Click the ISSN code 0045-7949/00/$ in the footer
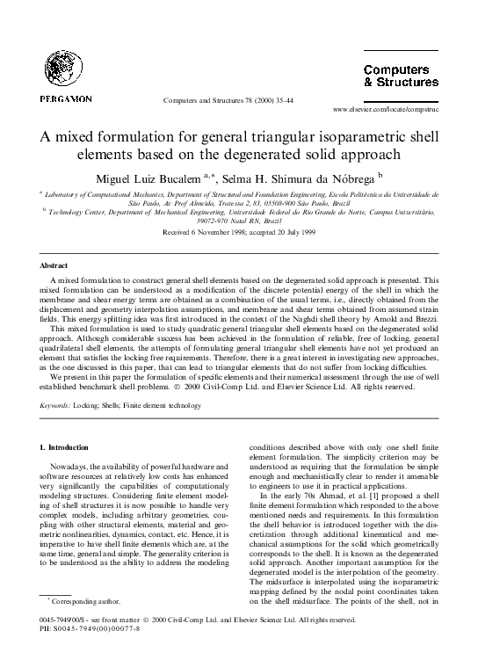pos(69,620)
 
